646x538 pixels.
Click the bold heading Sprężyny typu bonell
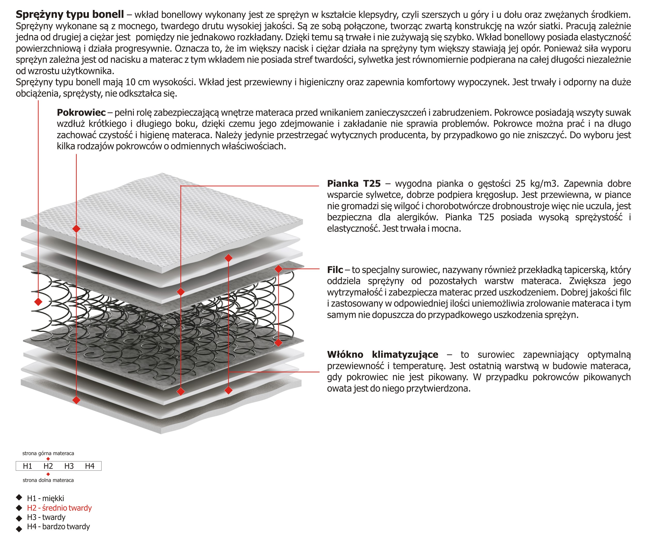coord(70,14)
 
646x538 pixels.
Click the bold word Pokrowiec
coord(81,113)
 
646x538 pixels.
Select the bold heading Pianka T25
coord(354,184)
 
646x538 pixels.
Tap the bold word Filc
coord(335,270)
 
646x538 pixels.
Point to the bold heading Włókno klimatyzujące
coord(382,354)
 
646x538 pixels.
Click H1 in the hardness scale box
coord(28,466)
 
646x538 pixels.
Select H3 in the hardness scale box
coord(69,466)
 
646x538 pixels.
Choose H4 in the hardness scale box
coord(89,466)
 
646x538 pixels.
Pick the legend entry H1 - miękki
coord(45,498)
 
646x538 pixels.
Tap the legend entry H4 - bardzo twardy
coord(58,527)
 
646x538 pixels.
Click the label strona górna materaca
coord(48,453)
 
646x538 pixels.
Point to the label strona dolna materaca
coord(48,480)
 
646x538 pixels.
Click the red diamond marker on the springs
coord(38,302)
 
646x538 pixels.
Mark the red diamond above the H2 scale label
coord(48,459)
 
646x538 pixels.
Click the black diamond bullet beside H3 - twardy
coord(19,518)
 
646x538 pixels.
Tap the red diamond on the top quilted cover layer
coord(76,228)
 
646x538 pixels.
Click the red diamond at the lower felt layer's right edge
coord(278,342)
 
